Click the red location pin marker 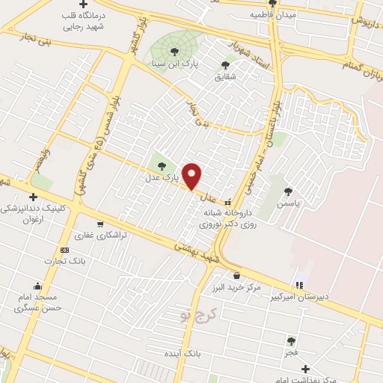pos(192,177)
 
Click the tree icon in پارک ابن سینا pos(174,51)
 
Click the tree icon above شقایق pos(225,64)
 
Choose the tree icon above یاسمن pos(288,192)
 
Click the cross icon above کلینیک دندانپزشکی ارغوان pos(34,196)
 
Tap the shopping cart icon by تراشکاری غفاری pos(99,224)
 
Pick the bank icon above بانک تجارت pos(64,249)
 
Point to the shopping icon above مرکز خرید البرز pos(236,276)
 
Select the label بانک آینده pos(182,352)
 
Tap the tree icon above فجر pos(290,340)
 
